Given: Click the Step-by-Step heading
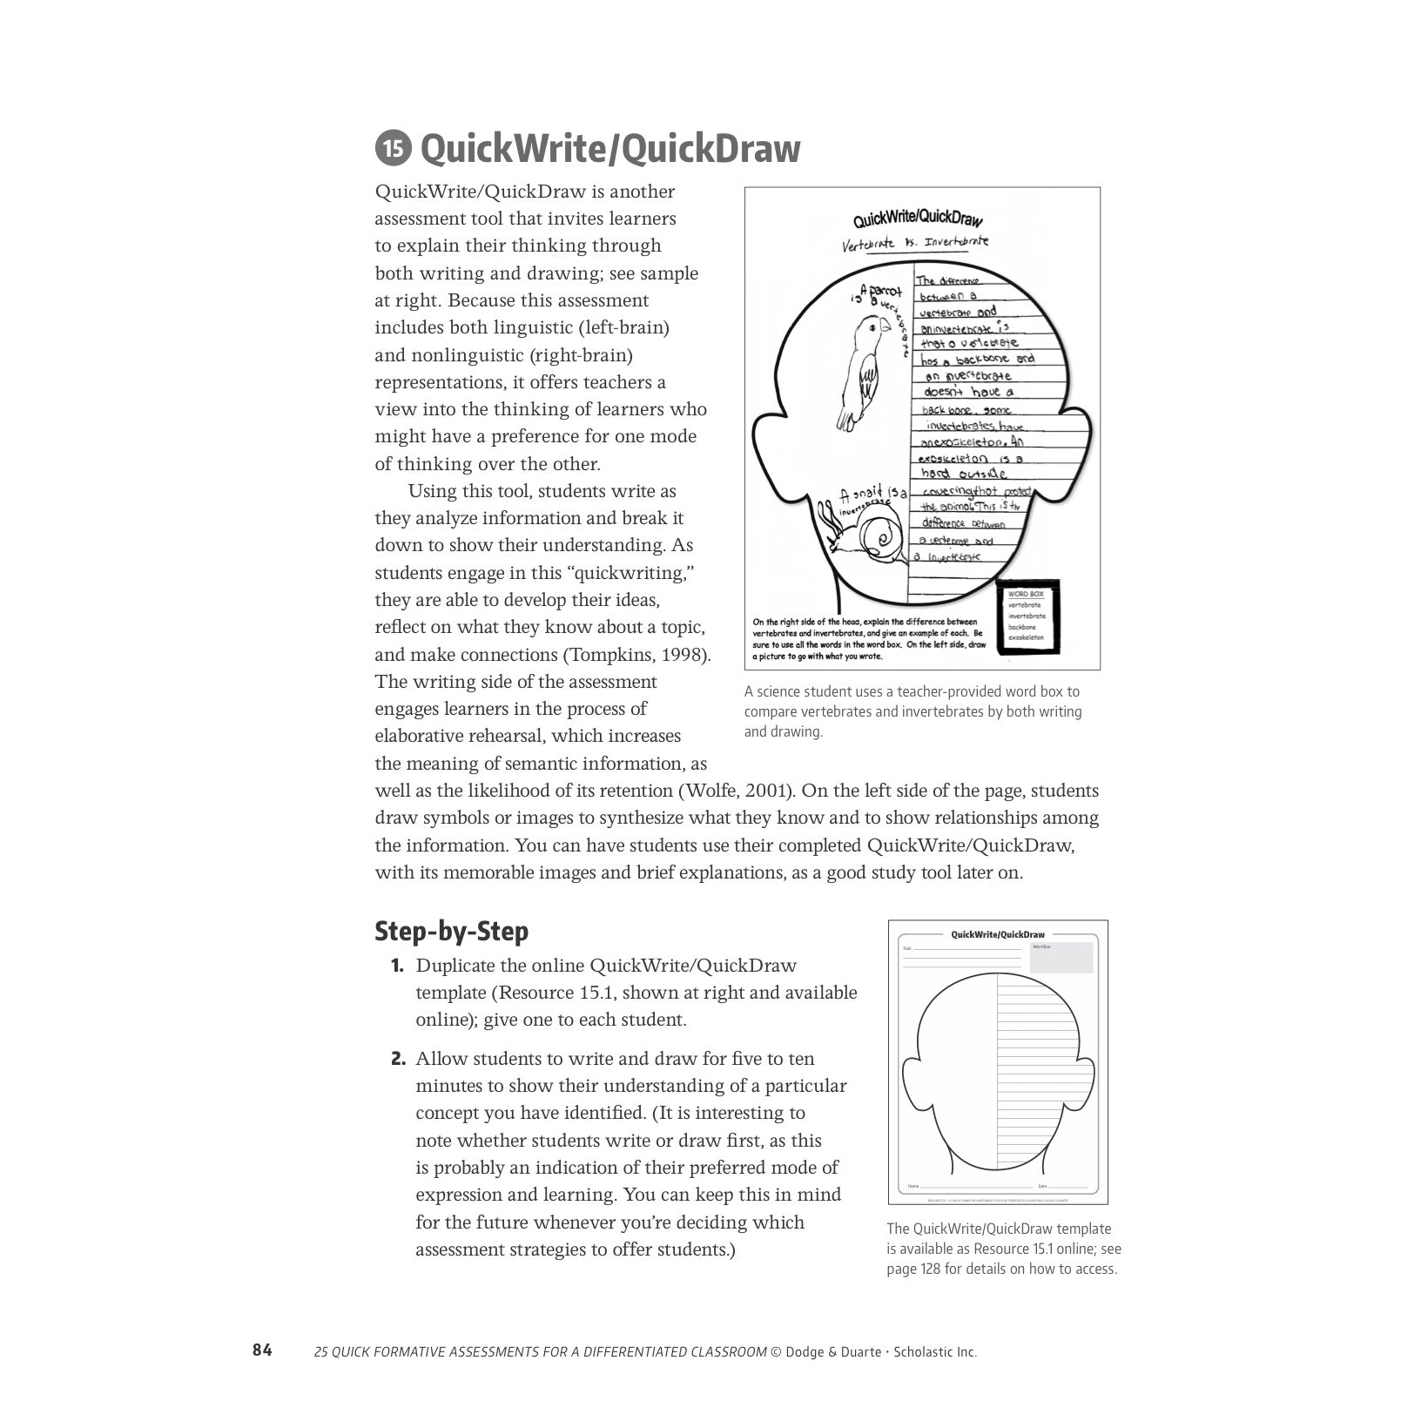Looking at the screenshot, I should click(451, 931).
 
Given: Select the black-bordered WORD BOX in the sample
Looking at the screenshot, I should click(1027, 616).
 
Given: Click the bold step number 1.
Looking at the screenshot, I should click(397, 966).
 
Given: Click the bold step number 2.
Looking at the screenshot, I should click(398, 1060).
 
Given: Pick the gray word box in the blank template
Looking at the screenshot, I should click(1061, 957).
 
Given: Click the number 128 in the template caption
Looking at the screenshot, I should click(929, 1269).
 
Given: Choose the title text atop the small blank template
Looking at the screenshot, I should click(998, 934).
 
